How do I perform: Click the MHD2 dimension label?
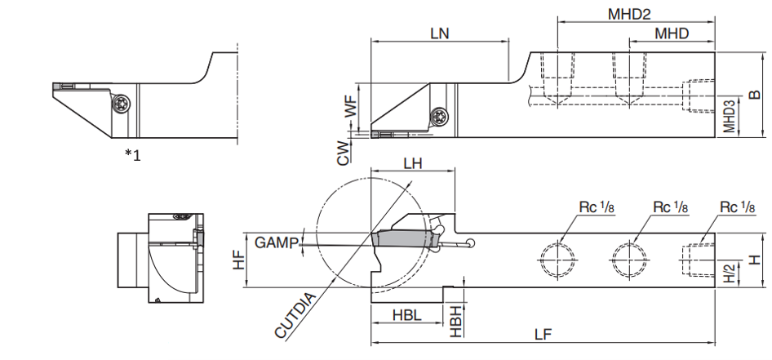tap(628, 14)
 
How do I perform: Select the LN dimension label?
tap(439, 33)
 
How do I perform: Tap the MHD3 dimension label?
tap(729, 117)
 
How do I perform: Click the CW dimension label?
tap(344, 152)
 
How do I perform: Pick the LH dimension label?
tap(413, 163)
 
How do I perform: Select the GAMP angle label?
tap(277, 242)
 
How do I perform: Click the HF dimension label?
tap(239, 260)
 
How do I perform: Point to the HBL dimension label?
tap(407, 315)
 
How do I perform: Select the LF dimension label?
tap(543, 335)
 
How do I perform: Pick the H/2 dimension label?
tap(730, 273)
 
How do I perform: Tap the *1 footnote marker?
tap(132, 155)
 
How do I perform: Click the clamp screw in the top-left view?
tap(121, 104)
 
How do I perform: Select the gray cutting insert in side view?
tap(406, 239)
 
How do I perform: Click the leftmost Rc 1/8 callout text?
tap(597, 207)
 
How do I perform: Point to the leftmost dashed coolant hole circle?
tap(558, 260)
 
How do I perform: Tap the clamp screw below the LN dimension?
tap(439, 117)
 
